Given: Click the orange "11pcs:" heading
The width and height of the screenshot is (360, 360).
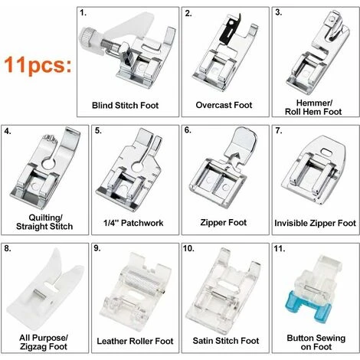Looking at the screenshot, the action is click(38, 64).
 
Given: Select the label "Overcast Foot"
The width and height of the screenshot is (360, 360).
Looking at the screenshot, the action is click(224, 105).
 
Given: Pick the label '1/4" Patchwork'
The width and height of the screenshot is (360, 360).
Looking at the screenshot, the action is click(133, 223).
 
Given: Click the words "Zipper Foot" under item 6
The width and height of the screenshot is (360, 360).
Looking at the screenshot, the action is click(224, 222).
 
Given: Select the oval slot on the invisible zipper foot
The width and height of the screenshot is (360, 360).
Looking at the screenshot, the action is click(326, 151).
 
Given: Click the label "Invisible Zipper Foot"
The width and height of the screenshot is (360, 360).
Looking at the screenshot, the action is click(315, 223).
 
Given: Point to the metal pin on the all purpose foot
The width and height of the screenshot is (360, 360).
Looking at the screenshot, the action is click(40, 295).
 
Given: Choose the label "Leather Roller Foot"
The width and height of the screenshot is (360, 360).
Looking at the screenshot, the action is click(135, 341).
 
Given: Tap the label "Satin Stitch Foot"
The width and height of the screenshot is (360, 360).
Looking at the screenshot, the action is click(226, 341).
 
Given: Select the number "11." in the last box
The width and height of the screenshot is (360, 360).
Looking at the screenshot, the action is click(280, 248).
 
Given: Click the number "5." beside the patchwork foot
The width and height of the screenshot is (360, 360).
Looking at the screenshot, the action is click(98, 130).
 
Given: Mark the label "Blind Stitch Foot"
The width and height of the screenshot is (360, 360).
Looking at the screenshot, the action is click(125, 105).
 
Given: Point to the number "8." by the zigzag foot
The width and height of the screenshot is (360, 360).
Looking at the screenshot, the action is click(8, 248).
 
